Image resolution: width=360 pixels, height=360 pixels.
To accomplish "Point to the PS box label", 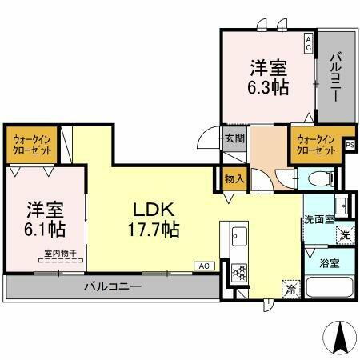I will coord(350,144).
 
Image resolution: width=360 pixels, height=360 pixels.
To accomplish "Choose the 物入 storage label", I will coord(234,180).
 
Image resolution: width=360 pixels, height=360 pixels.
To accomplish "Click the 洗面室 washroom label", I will coord(318,218).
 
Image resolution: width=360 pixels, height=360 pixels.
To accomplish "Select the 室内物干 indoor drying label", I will coord(61,254).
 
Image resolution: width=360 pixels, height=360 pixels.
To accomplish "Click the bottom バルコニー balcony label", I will coord(114,286).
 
